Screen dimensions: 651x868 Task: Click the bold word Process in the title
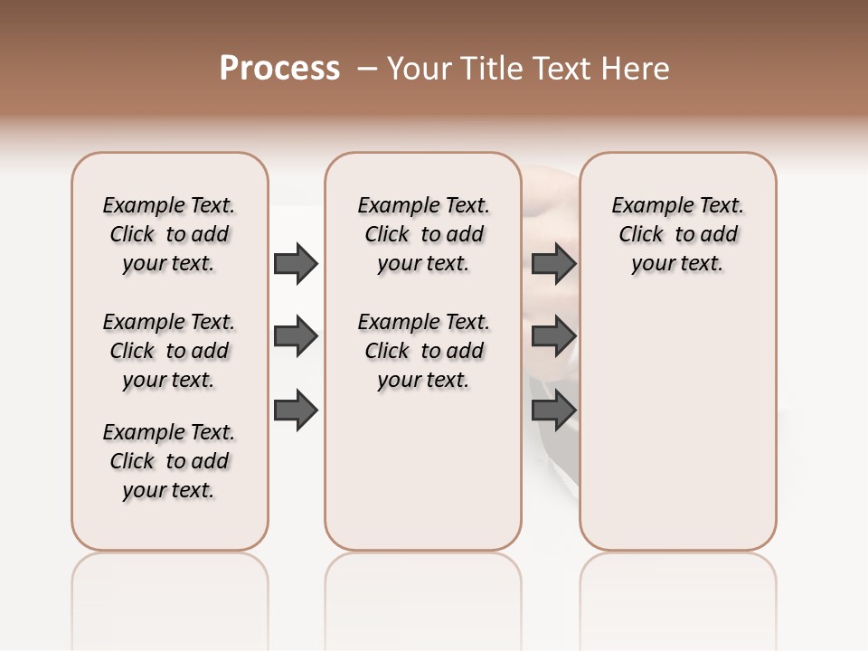pos(279,68)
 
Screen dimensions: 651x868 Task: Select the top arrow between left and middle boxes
pos(296,264)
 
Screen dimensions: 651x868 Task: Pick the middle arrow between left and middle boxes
pos(296,337)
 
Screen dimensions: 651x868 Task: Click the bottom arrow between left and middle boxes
pos(296,410)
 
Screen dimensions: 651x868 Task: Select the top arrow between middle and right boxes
pos(553,264)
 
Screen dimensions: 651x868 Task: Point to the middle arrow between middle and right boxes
pos(553,337)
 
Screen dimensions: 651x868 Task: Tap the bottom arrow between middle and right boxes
pos(553,410)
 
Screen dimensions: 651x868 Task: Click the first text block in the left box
pos(169,234)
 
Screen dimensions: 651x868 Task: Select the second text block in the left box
pos(169,351)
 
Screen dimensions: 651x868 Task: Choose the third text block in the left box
pos(169,461)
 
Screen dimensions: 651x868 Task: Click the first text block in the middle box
pos(423,234)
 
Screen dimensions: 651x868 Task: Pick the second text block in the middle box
pos(423,351)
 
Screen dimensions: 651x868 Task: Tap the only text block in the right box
pos(677,234)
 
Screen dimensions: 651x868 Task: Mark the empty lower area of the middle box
pos(423,470)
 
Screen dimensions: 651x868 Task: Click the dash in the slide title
pos(367,68)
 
